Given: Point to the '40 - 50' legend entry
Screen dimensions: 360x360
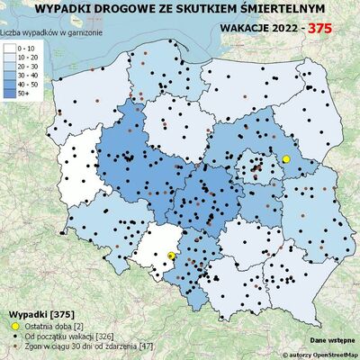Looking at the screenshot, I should click(x=19, y=84).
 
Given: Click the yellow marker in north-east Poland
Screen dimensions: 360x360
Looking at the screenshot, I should click(x=286, y=158).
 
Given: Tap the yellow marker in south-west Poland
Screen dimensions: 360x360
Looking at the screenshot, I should click(x=171, y=256).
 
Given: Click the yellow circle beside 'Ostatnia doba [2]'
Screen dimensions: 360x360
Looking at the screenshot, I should click(x=11, y=324).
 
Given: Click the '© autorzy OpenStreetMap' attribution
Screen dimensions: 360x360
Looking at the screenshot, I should click(x=319, y=355).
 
